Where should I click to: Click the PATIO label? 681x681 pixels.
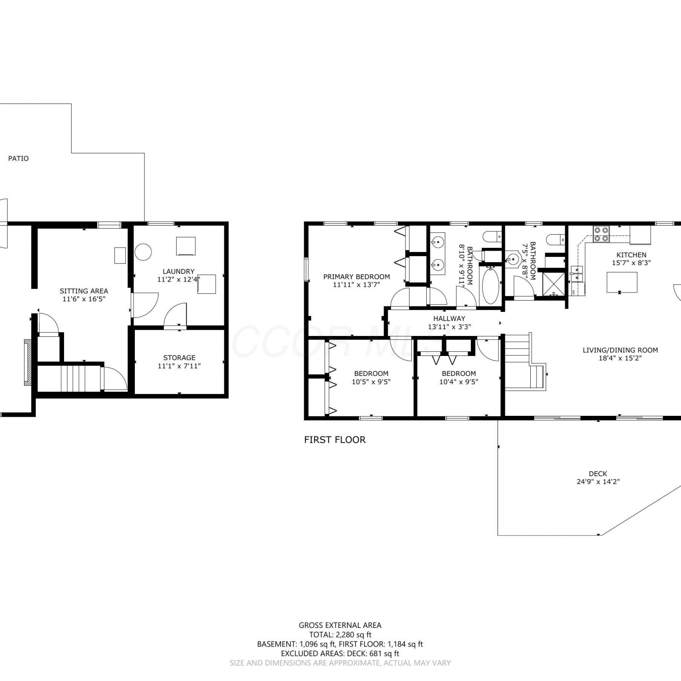tap(18, 158)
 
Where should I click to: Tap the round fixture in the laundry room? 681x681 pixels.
tap(143, 252)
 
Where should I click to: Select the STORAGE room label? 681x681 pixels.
tap(179, 358)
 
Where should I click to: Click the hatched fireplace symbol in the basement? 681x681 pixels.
tap(28, 362)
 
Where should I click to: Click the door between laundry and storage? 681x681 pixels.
tap(175, 315)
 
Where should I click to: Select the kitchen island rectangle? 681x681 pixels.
tap(622, 282)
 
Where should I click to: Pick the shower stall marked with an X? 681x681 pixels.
tap(553, 283)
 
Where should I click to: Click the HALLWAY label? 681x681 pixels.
tap(449, 319)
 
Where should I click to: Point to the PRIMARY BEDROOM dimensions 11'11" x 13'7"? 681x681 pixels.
tap(356, 285)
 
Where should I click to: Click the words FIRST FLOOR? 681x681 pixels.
tap(335, 439)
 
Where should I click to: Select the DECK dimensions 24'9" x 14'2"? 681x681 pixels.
tap(598, 482)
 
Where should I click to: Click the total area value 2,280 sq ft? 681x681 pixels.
tap(354, 635)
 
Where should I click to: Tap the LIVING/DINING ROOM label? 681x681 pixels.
tap(620, 350)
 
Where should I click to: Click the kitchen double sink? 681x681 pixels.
tap(577, 275)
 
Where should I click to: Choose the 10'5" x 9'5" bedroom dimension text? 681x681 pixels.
tap(371, 382)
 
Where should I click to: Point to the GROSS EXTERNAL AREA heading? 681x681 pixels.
tap(340, 625)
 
